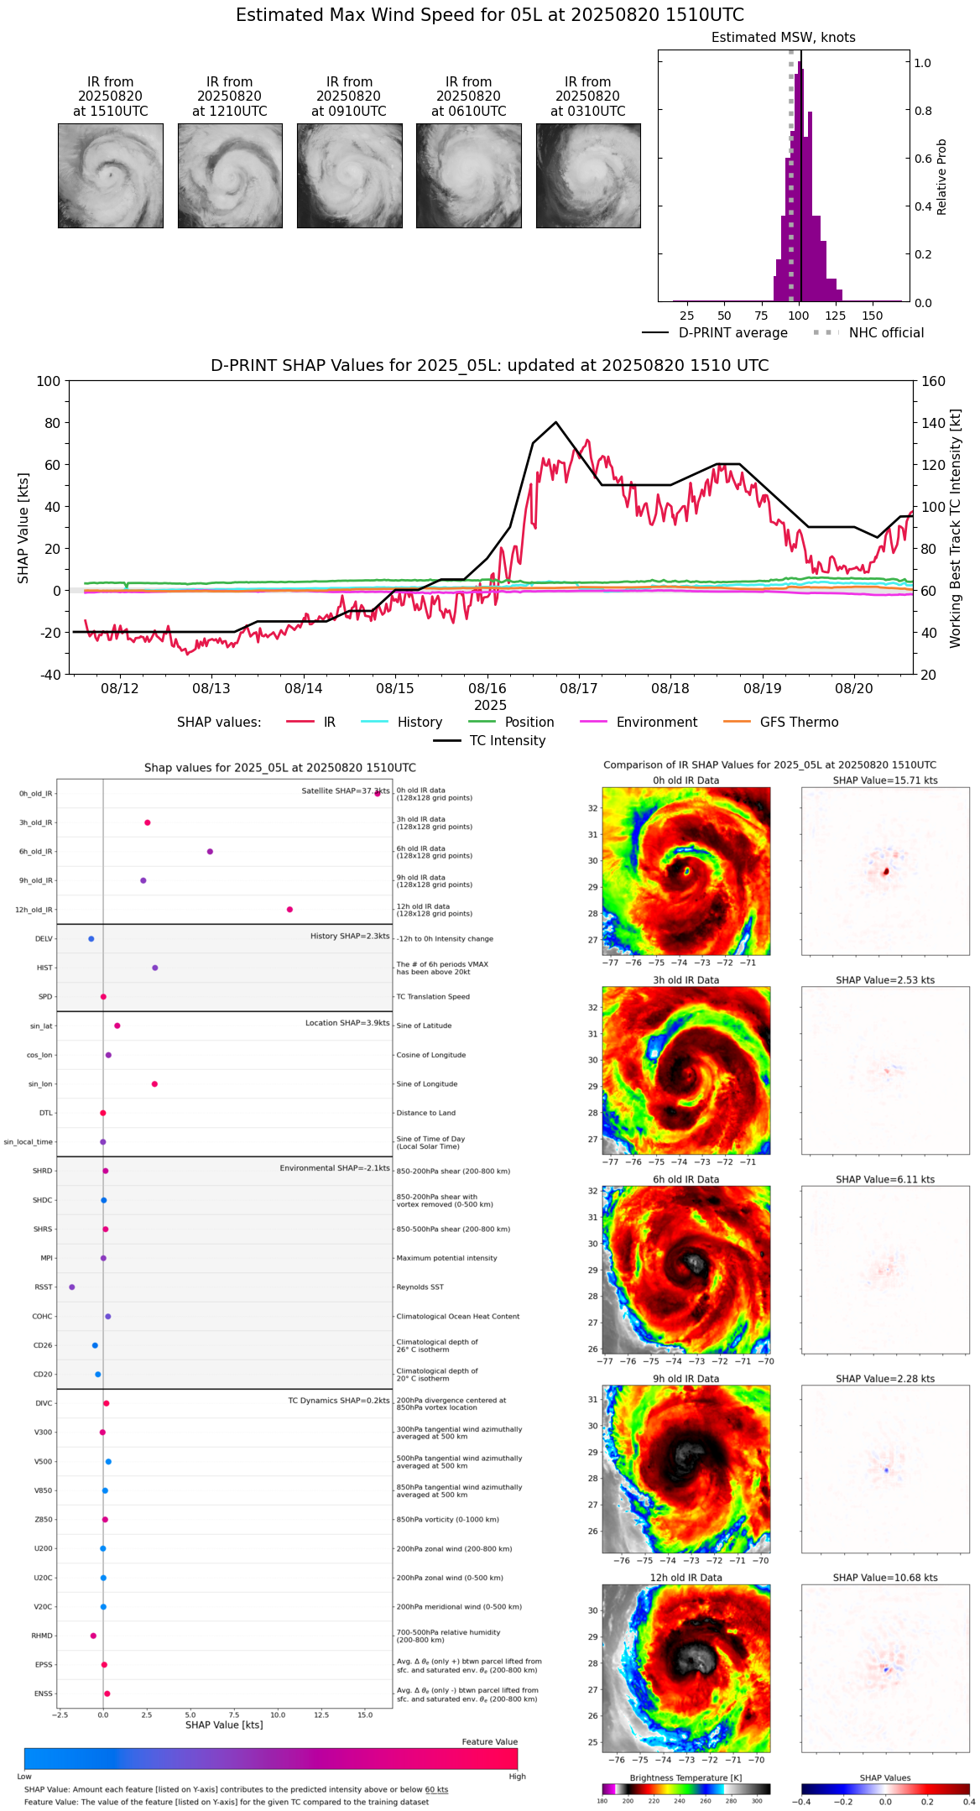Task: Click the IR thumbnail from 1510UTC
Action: click(x=110, y=175)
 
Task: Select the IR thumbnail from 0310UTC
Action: click(x=587, y=175)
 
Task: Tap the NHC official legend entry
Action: click(x=886, y=333)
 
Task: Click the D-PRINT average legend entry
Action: click(x=732, y=333)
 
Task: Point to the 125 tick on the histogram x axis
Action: click(x=835, y=316)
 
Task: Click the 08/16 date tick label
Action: click(x=487, y=689)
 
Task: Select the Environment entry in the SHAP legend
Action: click(x=656, y=723)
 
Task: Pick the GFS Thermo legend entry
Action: click(x=799, y=723)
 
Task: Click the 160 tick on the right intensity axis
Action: click(x=933, y=381)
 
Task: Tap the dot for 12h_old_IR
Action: click(x=289, y=910)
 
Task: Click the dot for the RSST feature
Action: click(x=72, y=1287)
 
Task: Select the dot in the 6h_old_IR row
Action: click(x=210, y=852)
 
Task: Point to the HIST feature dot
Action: click(x=155, y=968)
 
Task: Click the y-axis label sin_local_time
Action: click(x=29, y=1142)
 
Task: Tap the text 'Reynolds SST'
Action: click(x=420, y=1287)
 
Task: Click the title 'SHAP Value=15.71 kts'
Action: click(x=885, y=780)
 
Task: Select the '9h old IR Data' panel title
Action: click(x=685, y=1379)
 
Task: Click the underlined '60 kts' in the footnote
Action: click(x=436, y=1790)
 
